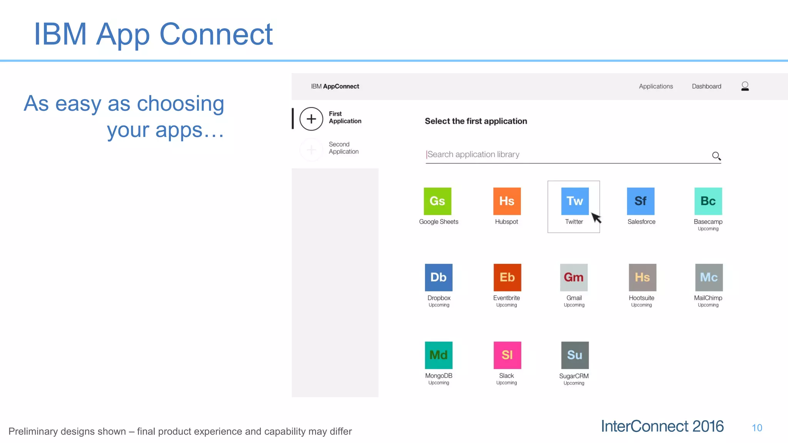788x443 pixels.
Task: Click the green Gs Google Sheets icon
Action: coord(437,201)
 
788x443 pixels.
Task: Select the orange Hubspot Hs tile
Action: coord(507,201)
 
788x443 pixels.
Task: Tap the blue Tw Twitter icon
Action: coord(575,201)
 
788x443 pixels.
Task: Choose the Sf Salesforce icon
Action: coord(641,201)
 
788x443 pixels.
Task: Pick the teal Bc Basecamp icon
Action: coord(708,201)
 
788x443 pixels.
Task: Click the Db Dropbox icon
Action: coord(439,277)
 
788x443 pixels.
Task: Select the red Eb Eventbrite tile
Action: coord(507,277)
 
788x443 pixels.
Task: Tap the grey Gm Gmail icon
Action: coord(574,277)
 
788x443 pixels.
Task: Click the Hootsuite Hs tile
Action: coord(642,277)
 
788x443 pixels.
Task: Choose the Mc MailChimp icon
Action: coord(709,277)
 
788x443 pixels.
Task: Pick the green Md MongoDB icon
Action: coord(439,355)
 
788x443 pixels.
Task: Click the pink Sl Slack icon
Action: coord(507,355)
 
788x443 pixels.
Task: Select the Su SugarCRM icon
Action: coord(575,355)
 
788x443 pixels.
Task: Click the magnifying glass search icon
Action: coord(716,156)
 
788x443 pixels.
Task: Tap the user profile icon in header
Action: coord(745,86)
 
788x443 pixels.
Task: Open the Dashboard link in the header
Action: coord(706,87)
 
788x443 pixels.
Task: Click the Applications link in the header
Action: coord(656,87)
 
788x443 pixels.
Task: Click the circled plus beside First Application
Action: coord(311,119)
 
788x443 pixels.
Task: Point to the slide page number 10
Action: coord(757,428)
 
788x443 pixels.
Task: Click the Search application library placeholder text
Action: coord(473,155)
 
